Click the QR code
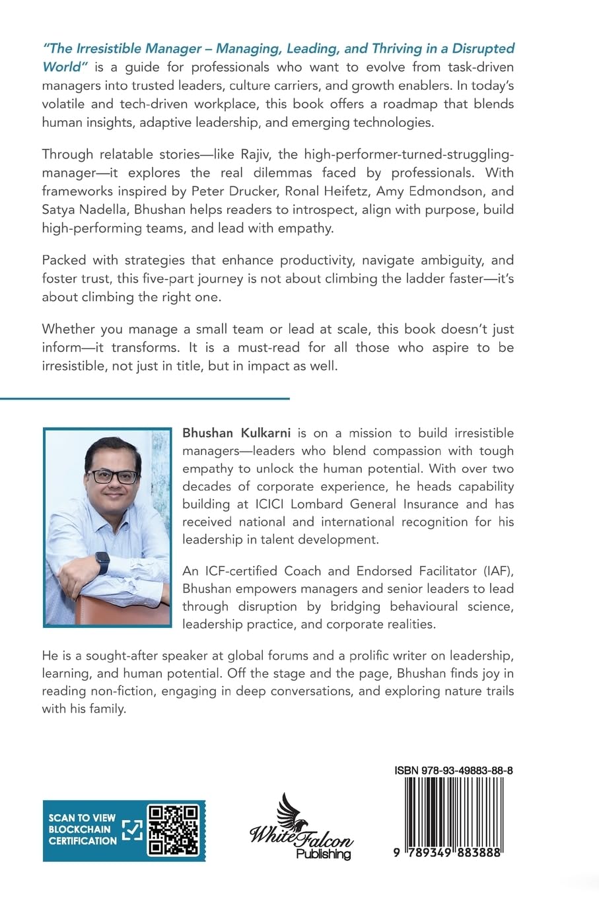tap(173, 830)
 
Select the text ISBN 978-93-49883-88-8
tap(454, 771)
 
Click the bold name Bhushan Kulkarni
tap(236, 433)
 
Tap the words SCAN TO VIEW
tap(82, 817)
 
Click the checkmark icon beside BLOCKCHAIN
tap(133, 830)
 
